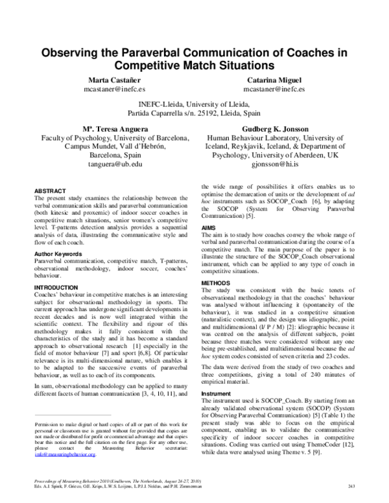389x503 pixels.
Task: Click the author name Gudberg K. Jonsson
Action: (277, 129)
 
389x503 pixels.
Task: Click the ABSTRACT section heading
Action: (50, 192)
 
